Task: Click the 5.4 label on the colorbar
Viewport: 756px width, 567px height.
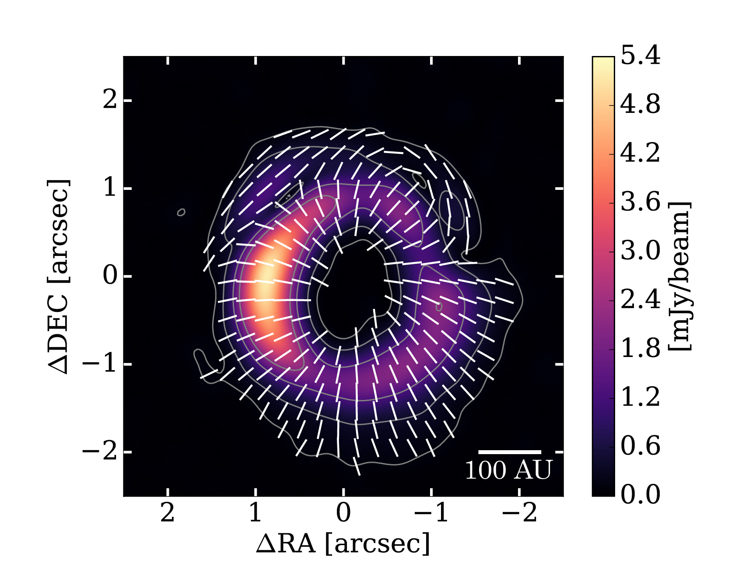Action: (640, 56)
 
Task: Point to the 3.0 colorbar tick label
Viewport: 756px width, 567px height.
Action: (640, 251)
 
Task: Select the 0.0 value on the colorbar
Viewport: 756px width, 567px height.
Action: (640, 495)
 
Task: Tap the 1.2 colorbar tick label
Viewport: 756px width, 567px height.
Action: (640, 397)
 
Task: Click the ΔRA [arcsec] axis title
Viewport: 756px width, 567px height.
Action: (343, 544)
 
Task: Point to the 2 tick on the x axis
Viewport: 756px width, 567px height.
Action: (168, 513)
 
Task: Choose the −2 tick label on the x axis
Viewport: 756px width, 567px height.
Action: (519, 513)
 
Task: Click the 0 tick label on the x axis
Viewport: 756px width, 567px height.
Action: (343, 513)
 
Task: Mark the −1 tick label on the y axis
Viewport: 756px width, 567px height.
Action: (100, 364)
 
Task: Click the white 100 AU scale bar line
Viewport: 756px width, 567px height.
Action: (510, 451)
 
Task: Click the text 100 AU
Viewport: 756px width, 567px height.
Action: (508, 470)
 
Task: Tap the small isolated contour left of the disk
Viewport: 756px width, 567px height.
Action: (181, 212)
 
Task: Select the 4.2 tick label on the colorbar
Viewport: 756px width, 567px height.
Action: (640, 154)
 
